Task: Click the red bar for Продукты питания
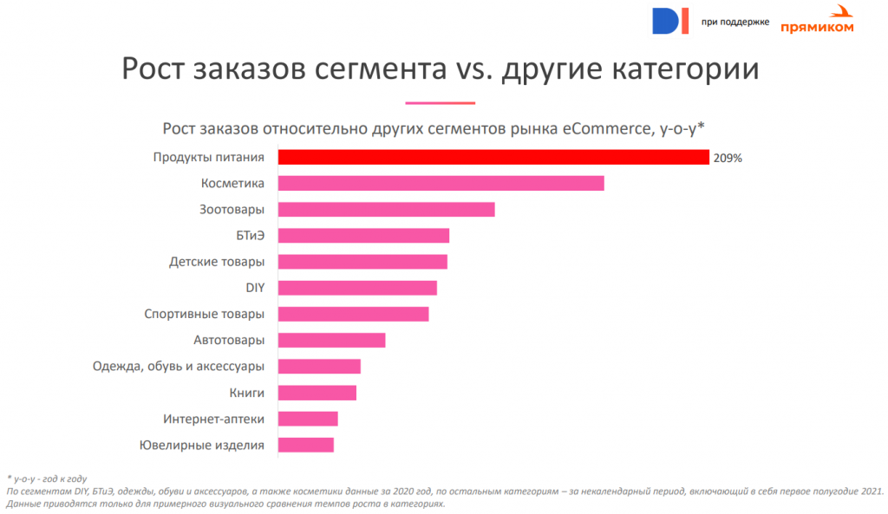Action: tap(493, 157)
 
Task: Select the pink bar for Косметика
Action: tap(441, 183)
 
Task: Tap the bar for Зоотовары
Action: tap(386, 209)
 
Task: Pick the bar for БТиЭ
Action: tap(363, 236)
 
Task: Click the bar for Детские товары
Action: tap(362, 262)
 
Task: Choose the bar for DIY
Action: tap(357, 288)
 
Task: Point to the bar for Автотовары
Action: tap(331, 340)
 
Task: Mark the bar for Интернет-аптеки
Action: tap(308, 419)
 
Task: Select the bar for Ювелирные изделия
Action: tap(305, 445)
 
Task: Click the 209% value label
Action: tap(728, 158)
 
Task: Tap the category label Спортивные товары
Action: tap(204, 314)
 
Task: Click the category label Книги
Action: tap(247, 393)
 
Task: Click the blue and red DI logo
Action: tap(670, 20)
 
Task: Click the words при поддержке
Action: tap(735, 22)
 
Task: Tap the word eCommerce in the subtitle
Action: tap(605, 129)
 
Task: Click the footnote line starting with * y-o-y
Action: tap(47, 478)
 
